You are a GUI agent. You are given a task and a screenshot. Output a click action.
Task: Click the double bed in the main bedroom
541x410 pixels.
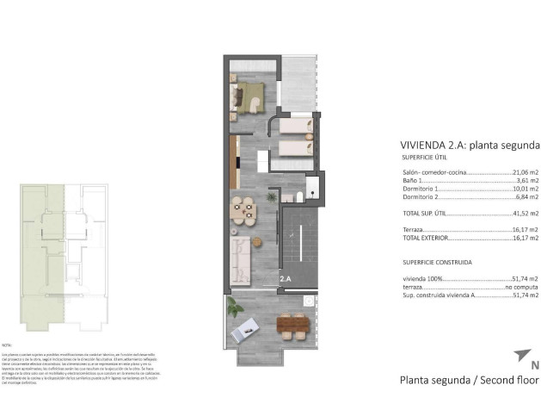[251, 96]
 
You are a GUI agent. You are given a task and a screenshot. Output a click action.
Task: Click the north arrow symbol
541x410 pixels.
[520, 355]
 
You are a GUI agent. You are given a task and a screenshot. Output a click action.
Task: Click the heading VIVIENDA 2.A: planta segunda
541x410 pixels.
[470, 145]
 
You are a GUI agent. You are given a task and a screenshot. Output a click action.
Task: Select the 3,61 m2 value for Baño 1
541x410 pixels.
[526, 181]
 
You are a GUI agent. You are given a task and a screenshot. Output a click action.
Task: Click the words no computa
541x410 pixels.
[521, 287]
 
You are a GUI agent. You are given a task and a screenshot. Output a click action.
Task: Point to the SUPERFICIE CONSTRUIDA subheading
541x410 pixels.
[436, 261]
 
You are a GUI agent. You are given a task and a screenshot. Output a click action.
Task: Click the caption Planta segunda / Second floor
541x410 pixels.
[469, 380]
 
